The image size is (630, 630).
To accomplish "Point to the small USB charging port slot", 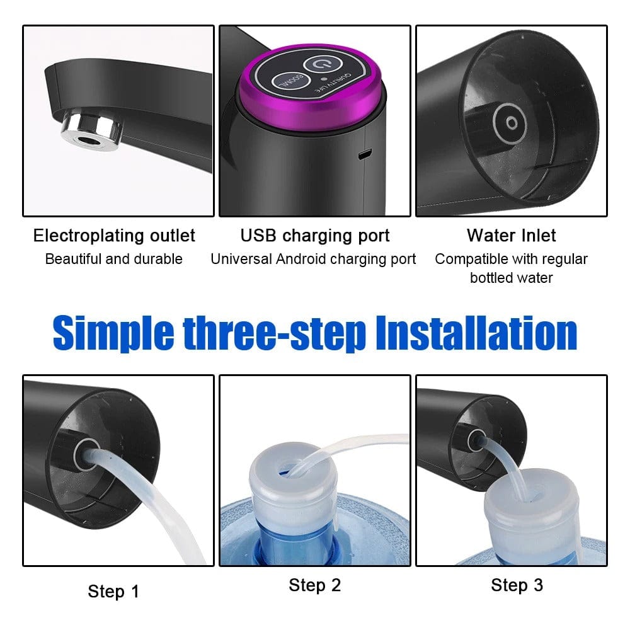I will pos(364,154).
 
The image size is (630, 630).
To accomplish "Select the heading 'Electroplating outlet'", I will pos(114,236).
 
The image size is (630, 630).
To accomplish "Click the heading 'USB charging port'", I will pos(315,236).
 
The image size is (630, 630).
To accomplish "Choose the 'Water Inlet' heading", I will pos(511,236).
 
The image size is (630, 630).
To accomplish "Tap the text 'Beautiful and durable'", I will pos(114,259).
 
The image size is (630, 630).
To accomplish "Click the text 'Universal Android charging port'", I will pos(313,259).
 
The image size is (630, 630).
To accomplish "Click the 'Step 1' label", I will pos(113,592).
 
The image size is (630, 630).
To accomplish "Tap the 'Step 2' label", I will pos(315,585).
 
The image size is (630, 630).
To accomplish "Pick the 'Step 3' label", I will pos(517,585).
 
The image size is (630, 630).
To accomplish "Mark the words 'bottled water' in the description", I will pos(511,278).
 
